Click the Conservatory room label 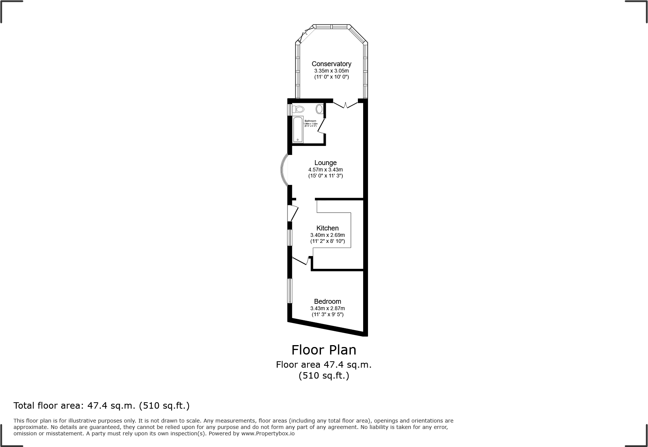coord(331,64)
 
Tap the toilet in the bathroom coord(299,109)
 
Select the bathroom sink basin coord(319,109)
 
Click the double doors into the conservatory coord(345,104)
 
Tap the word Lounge coord(325,163)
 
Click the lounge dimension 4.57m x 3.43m coord(325,170)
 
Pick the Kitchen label coord(327,228)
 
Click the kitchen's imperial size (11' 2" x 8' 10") coord(327,241)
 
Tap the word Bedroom coord(327,302)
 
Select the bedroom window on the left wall coord(290,291)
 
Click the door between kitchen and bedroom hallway coord(301,261)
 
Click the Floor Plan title coord(324,350)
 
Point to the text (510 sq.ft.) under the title coord(324,376)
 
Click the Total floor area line coord(102,406)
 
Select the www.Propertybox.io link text coord(268,433)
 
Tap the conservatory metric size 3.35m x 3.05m coord(331,71)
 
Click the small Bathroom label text coord(310,121)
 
